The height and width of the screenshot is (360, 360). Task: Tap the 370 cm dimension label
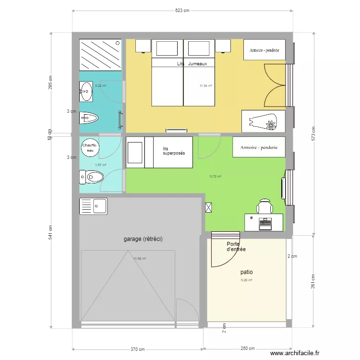click(x=138, y=349)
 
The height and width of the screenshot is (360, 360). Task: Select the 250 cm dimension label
click(x=248, y=349)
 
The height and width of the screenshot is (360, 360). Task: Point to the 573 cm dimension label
click(x=313, y=132)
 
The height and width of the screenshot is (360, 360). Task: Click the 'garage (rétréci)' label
click(x=143, y=239)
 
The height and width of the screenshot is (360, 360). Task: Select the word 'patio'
click(x=247, y=272)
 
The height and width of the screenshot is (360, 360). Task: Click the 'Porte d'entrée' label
click(x=236, y=246)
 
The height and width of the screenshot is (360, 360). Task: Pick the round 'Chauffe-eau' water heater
click(x=90, y=147)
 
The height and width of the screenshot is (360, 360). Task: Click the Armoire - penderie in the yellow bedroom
click(x=264, y=50)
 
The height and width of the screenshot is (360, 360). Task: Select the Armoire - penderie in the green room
click(x=259, y=147)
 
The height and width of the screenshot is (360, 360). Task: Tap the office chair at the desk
click(x=264, y=207)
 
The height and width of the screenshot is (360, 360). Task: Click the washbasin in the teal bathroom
click(x=87, y=91)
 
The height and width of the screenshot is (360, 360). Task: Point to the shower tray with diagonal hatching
click(x=100, y=55)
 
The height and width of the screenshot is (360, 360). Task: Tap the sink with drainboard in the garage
click(x=94, y=206)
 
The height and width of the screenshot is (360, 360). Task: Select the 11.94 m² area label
click(x=205, y=86)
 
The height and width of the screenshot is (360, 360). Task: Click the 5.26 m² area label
click(x=246, y=280)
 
